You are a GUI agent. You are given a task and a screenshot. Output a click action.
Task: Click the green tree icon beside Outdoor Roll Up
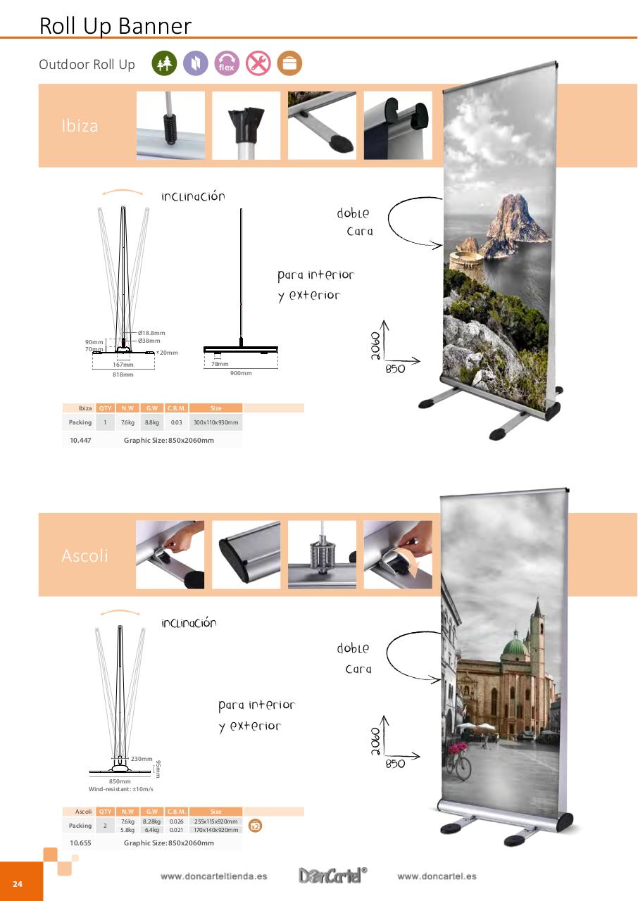coord(163,64)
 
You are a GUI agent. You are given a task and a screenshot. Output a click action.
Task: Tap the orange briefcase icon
coord(289,64)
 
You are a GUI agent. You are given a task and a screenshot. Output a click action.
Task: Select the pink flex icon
coord(227,64)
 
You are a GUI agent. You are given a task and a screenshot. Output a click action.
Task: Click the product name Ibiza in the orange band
coord(79,127)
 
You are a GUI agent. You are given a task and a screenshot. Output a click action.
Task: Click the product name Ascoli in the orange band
coord(85,555)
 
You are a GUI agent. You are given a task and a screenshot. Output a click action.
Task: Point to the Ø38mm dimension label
coord(149,341)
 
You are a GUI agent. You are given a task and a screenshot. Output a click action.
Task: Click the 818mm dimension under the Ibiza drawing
coord(123,374)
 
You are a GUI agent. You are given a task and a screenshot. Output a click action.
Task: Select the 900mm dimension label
coord(241,373)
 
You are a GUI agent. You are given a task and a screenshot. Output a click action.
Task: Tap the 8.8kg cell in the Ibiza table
coord(151,422)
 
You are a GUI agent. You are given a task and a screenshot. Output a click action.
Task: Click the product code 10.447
coord(80,440)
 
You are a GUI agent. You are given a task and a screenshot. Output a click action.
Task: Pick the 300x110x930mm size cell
coord(216,422)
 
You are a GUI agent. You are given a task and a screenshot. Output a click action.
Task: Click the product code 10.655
coord(80,843)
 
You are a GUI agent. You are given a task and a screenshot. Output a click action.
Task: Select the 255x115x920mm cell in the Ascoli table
coord(216,821)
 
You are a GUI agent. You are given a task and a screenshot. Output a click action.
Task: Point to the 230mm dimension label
coord(142,759)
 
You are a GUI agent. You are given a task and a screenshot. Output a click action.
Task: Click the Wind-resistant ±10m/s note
coord(120,789)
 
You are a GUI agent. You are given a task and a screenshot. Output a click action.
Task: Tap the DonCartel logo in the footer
coord(333,876)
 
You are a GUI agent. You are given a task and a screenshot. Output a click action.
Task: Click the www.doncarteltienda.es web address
coord(213,876)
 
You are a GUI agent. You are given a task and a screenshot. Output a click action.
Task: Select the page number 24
coord(18,884)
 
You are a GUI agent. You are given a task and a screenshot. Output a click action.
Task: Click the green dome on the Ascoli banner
coord(515,645)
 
